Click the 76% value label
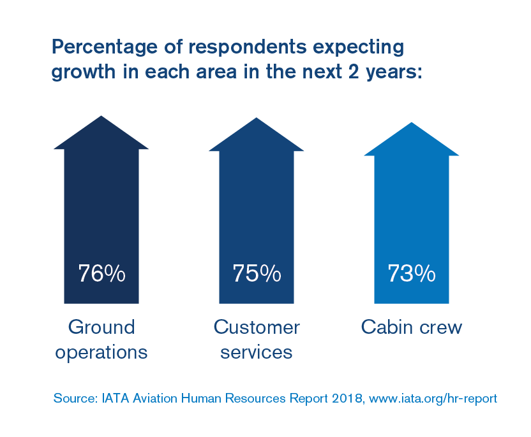pos(101,273)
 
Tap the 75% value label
pos(257,273)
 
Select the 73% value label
pos(412,273)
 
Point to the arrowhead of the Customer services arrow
pos(257,136)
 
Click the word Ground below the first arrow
pos(101,327)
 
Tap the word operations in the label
pos(101,352)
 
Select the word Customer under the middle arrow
pos(257,327)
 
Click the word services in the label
pos(257,352)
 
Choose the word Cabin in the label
pos(384,327)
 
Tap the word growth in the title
pos(82,72)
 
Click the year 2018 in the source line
pos(352,399)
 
